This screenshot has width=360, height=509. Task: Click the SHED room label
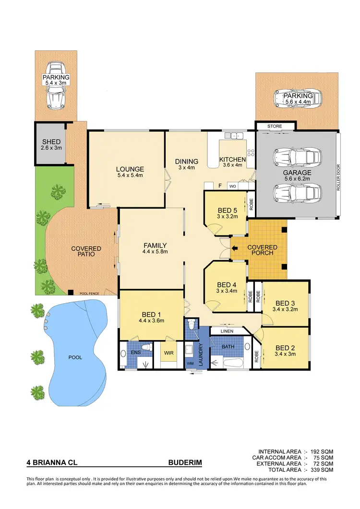(51, 142)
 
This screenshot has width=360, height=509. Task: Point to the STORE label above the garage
(275, 126)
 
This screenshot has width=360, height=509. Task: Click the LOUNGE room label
(130, 169)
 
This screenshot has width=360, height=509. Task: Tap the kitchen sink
(235, 136)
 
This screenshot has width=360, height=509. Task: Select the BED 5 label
(225, 210)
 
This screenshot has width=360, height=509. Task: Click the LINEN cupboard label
(227, 331)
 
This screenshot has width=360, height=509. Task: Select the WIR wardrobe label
(168, 353)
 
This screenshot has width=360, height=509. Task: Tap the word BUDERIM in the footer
(185, 463)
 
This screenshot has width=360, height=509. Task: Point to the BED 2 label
(285, 348)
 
